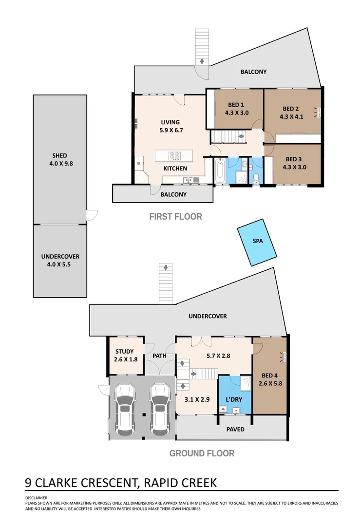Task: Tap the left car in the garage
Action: (x=126, y=408)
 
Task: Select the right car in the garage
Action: (x=161, y=408)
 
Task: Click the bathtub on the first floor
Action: (x=219, y=170)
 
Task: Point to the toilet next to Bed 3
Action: (x=256, y=176)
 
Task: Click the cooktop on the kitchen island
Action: (x=174, y=156)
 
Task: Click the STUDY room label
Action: (x=125, y=352)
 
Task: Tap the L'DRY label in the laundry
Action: (x=234, y=400)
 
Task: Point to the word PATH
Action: (x=159, y=356)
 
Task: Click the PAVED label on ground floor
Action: (x=235, y=429)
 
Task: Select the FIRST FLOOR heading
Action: (x=175, y=216)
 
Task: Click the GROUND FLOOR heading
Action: (x=202, y=453)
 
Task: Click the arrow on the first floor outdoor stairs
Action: (x=201, y=61)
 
